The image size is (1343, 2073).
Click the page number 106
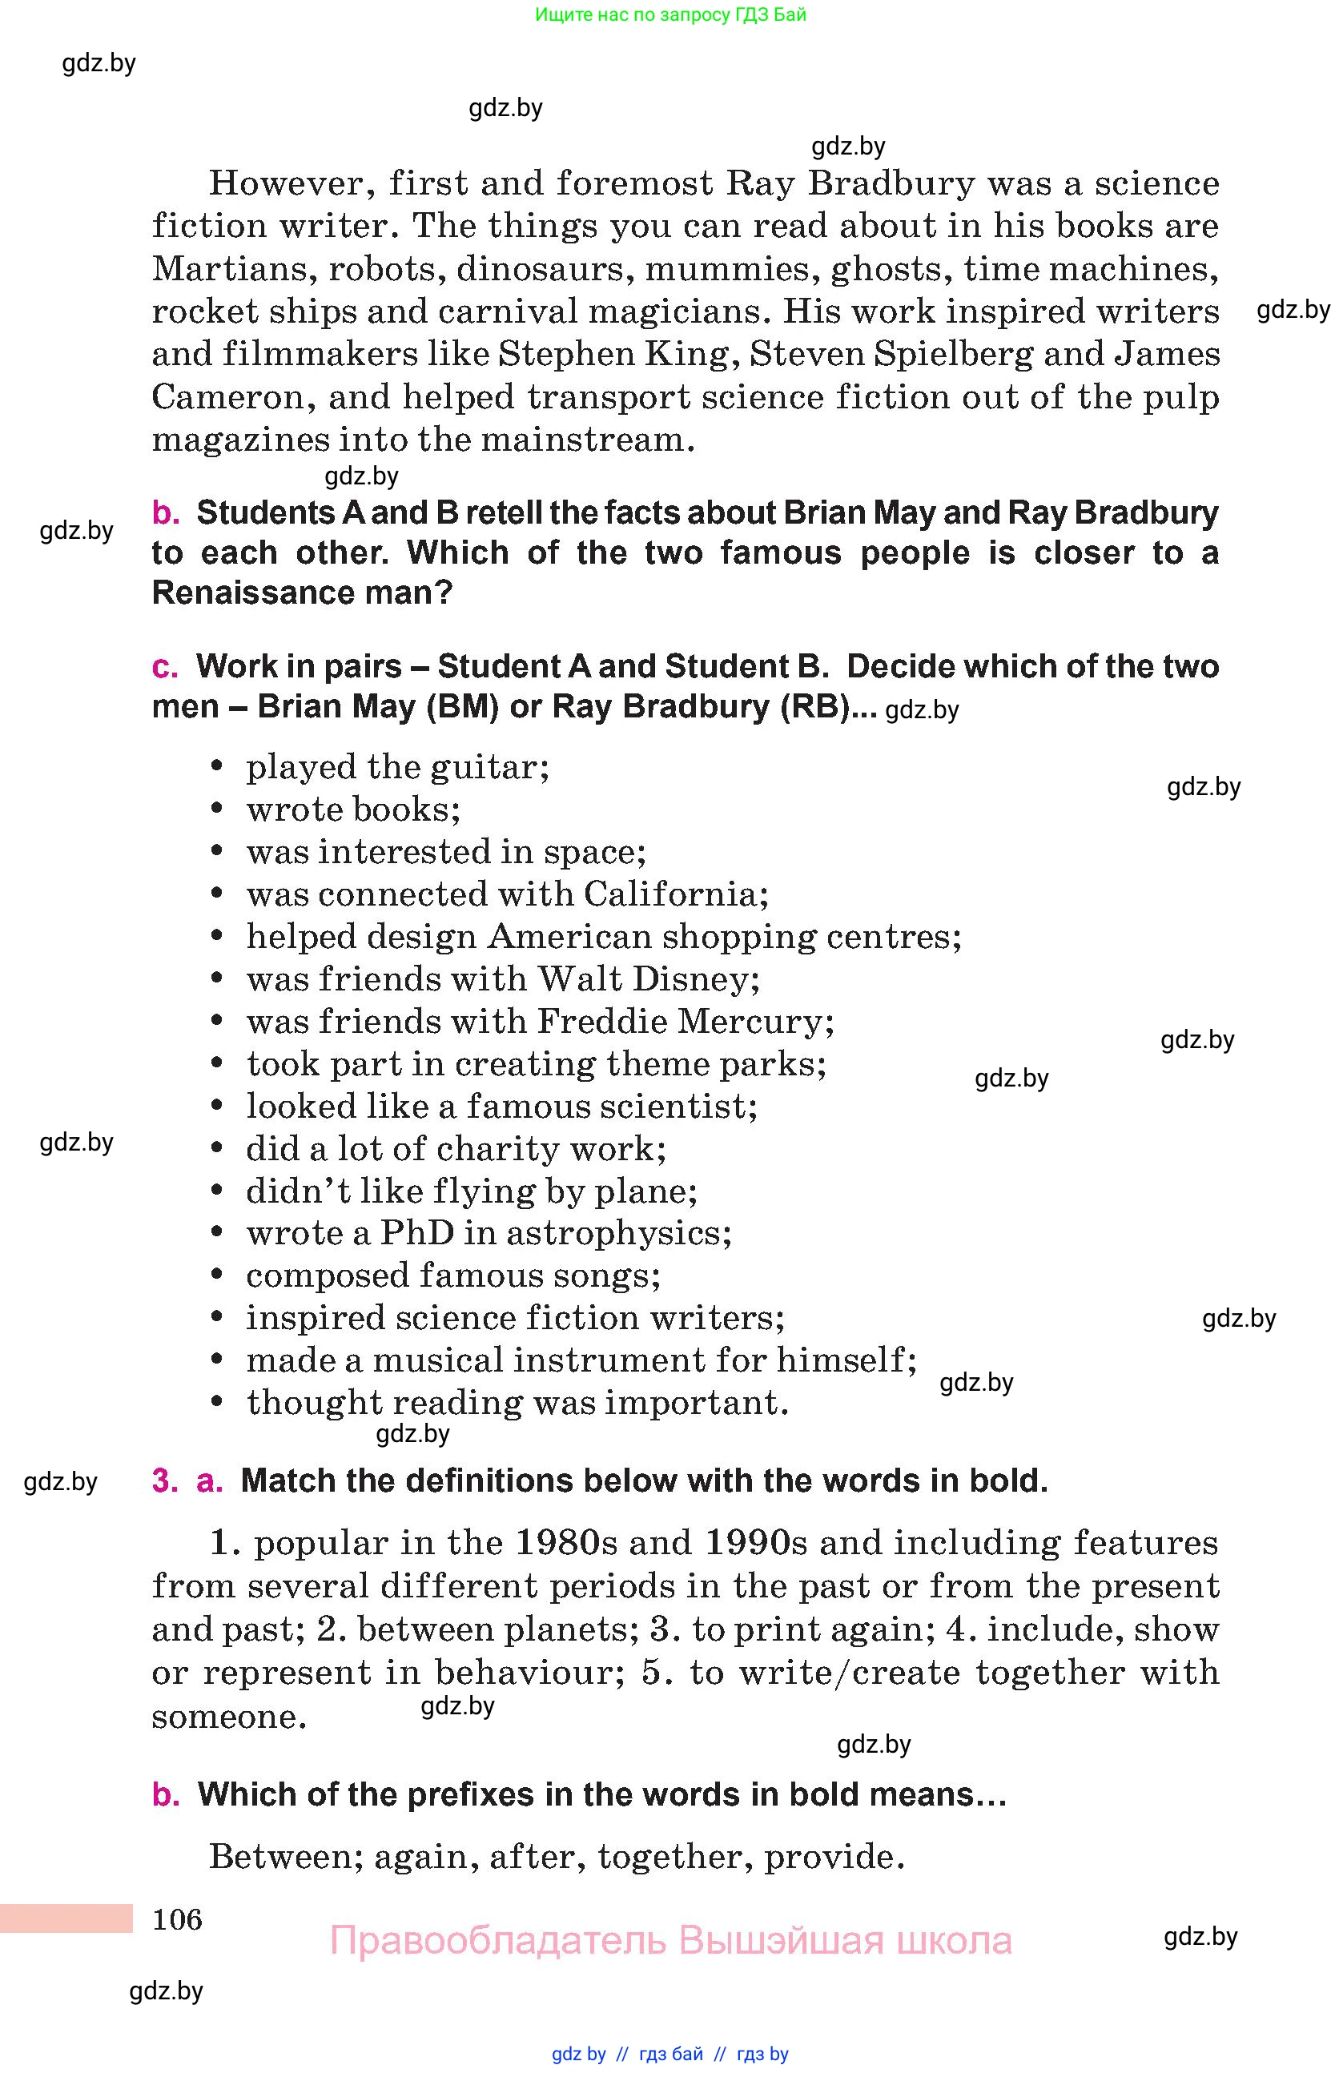coord(177,1918)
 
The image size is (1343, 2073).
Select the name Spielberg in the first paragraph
coord(952,354)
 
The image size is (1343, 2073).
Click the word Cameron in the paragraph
coord(228,397)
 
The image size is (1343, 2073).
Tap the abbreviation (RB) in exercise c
coord(815,706)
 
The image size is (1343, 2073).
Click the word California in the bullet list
coord(675,894)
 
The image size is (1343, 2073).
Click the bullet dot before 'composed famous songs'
coord(218,1276)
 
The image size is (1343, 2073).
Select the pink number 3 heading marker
coord(163,1480)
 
